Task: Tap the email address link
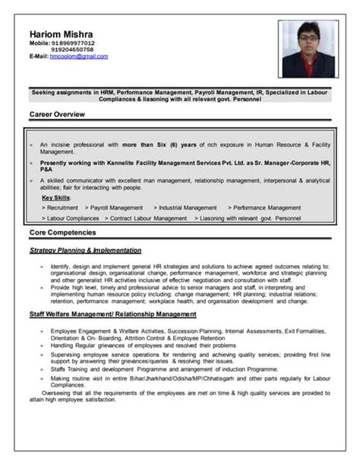click(80, 56)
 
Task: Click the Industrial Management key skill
click(185, 207)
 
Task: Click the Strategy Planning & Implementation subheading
click(85, 249)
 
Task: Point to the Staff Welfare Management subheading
click(113, 313)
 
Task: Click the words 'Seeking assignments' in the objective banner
click(60, 91)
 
